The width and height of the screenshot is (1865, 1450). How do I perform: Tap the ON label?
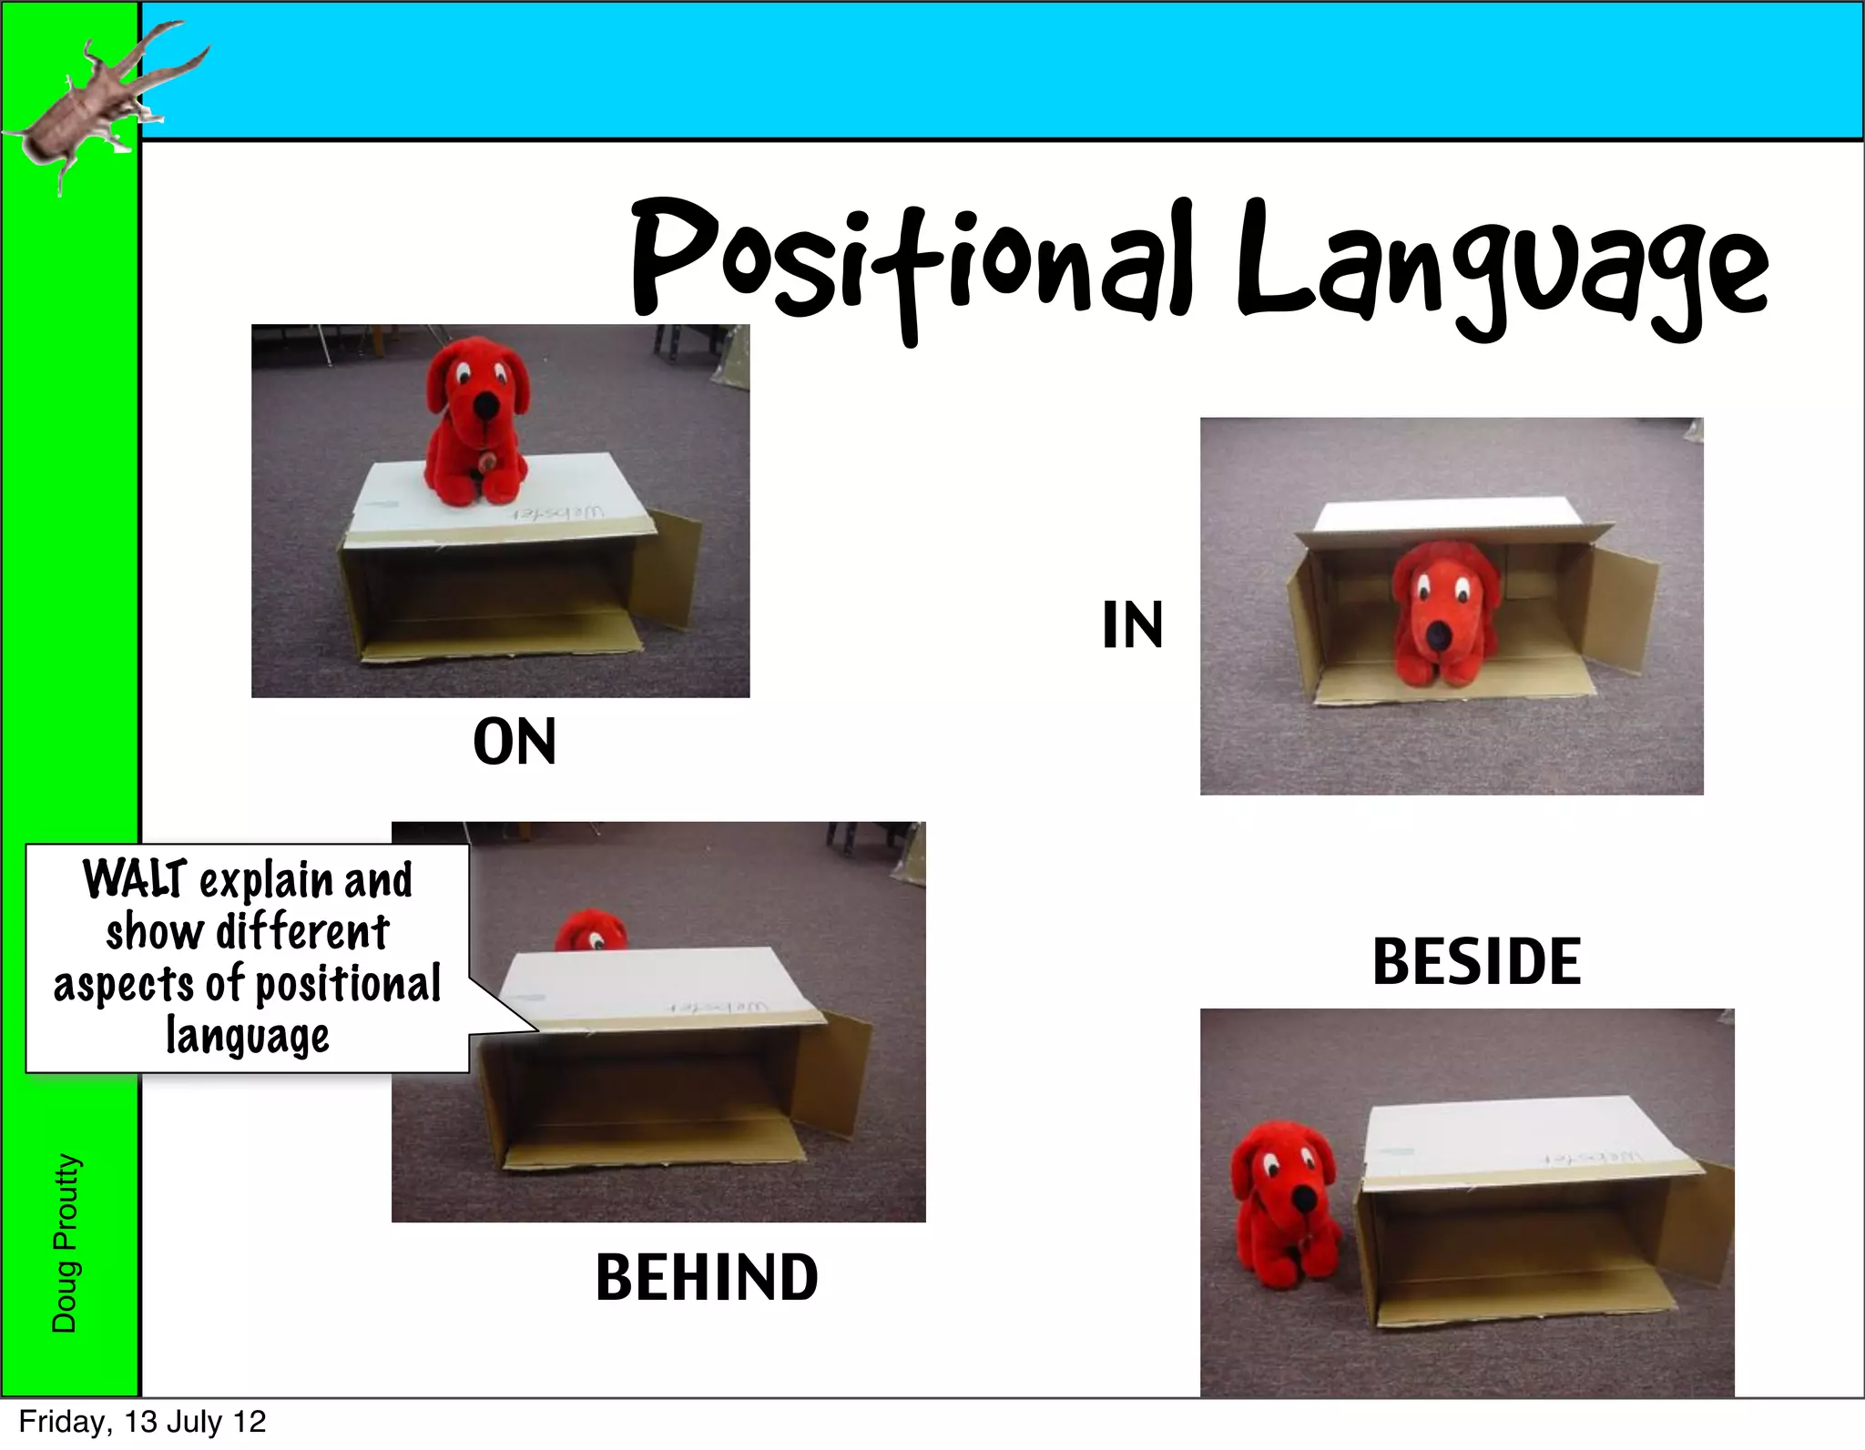(515, 742)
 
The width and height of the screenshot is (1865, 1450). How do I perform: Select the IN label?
(1132, 625)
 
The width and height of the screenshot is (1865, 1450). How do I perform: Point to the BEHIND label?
(707, 1277)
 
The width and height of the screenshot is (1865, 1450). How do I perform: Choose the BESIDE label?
(1476, 962)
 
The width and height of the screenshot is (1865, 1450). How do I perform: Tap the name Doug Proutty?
(65, 1242)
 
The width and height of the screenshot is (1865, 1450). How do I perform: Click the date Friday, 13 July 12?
(142, 1422)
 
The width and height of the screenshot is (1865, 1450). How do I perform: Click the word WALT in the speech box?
(135, 880)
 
